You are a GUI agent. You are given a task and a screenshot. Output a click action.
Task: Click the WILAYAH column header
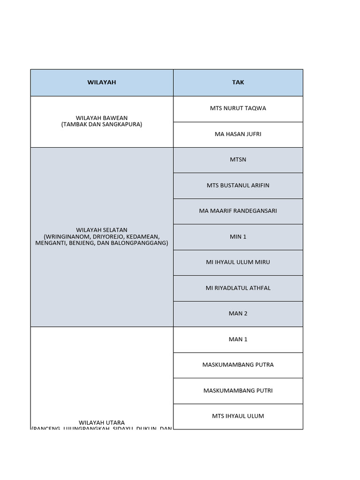pyautogui.click(x=102, y=82)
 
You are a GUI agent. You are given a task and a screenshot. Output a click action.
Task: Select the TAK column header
pyautogui.click(x=238, y=82)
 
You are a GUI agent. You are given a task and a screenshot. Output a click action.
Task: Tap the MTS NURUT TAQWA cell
pyautogui.click(x=238, y=108)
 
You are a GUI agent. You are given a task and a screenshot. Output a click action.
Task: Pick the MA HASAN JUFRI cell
pyautogui.click(x=238, y=134)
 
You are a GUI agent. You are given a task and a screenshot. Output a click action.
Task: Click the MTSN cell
pyautogui.click(x=238, y=160)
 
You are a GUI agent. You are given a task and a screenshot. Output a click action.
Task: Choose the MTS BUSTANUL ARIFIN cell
pyautogui.click(x=238, y=186)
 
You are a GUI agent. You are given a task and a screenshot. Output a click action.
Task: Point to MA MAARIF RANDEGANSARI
pyautogui.click(x=238, y=211)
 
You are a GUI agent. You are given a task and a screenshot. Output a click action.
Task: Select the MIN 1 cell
pyautogui.click(x=238, y=237)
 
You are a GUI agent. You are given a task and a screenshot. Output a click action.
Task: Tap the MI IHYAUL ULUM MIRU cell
pyautogui.click(x=238, y=262)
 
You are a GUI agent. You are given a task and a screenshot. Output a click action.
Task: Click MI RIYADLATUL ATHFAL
pyautogui.click(x=238, y=288)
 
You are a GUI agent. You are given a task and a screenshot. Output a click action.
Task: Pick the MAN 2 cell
pyautogui.click(x=238, y=314)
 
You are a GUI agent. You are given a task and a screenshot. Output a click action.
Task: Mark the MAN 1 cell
pyautogui.click(x=238, y=339)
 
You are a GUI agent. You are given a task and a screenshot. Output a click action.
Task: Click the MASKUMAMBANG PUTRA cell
pyautogui.click(x=238, y=365)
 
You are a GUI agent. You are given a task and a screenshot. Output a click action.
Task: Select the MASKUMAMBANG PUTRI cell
pyautogui.click(x=238, y=390)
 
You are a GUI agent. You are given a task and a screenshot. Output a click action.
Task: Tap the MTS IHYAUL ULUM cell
pyautogui.click(x=238, y=416)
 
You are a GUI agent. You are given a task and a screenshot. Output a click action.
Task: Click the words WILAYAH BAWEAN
pyautogui.click(x=102, y=118)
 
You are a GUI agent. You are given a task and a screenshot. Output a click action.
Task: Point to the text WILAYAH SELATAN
pyautogui.click(x=102, y=231)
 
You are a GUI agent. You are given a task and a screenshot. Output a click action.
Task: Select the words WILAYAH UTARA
pyautogui.click(x=102, y=423)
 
